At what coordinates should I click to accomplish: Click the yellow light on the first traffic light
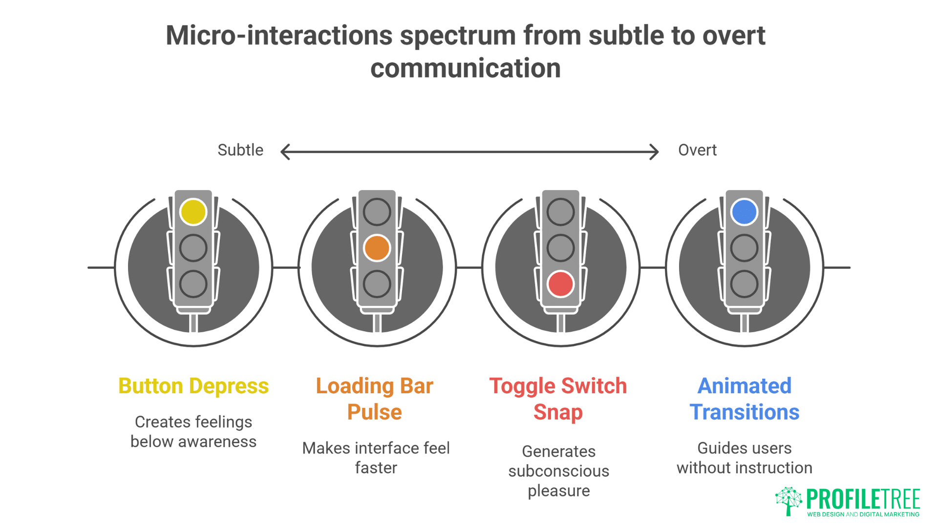click(193, 212)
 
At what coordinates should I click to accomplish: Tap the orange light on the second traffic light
click(377, 248)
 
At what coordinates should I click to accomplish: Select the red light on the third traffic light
click(560, 284)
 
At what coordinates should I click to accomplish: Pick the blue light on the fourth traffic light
click(744, 212)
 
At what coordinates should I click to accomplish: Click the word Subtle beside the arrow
click(240, 150)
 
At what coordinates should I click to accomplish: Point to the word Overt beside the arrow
click(697, 150)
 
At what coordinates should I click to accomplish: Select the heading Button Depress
click(193, 386)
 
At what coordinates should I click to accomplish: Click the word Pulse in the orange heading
click(374, 412)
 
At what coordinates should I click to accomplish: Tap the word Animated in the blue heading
click(744, 386)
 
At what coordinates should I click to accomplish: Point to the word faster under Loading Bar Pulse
click(376, 468)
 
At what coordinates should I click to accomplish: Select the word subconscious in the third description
click(558, 471)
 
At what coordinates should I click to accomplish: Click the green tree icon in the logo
click(789, 501)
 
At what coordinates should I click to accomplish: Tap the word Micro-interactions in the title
click(279, 36)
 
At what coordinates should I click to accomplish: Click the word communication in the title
click(465, 68)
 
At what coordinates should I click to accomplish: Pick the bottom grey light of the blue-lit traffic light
click(744, 284)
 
